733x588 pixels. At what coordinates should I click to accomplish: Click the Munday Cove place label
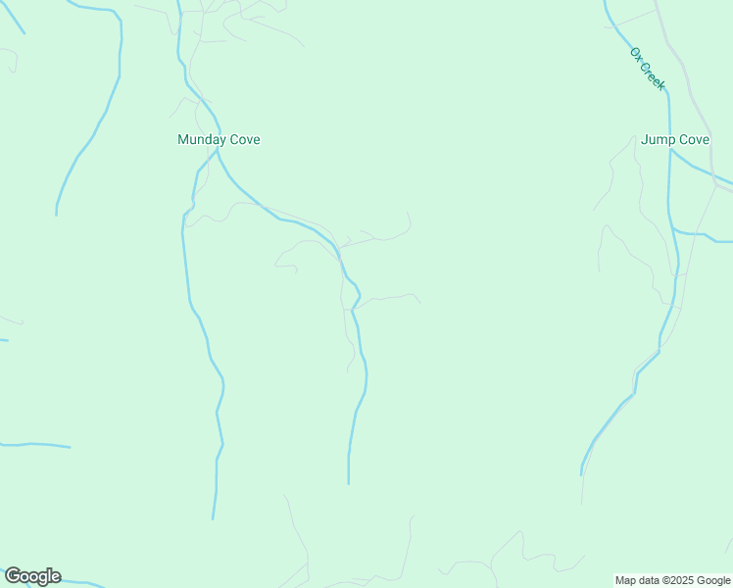pyautogui.click(x=219, y=140)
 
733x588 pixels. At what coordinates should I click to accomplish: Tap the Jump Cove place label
pyautogui.click(x=674, y=140)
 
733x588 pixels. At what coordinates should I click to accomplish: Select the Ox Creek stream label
pyautogui.click(x=648, y=69)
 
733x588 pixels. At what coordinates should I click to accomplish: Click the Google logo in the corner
pyautogui.click(x=32, y=576)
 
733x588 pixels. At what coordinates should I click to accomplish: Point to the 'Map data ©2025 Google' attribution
pyautogui.click(x=672, y=580)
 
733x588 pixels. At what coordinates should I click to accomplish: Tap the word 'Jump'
pyautogui.click(x=659, y=140)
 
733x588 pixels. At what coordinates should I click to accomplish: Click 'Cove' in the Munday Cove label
pyautogui.click(x=245, y=140)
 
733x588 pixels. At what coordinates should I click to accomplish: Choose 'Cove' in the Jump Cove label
pyautogui.click(x=694, y=140)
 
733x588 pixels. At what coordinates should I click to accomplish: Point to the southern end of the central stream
pyautogui.click(x=348, y=483)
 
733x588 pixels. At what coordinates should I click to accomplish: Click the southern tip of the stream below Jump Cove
pyautogui.click(x=581, y=475)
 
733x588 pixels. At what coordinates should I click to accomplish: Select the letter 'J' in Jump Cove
pyautogui.click(x=645, y=140)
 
